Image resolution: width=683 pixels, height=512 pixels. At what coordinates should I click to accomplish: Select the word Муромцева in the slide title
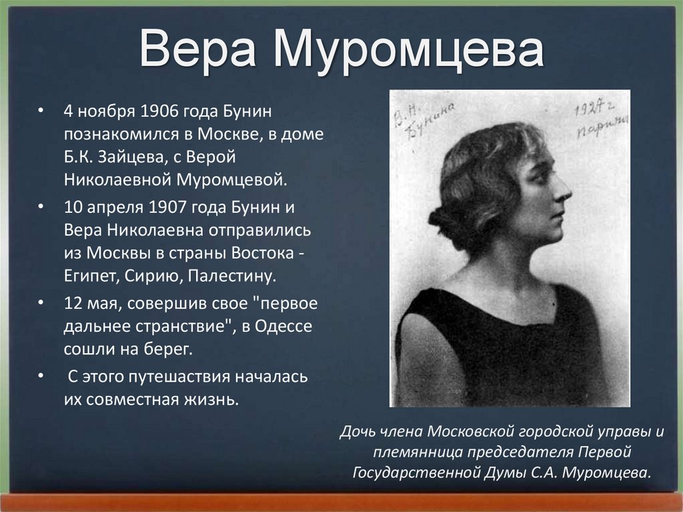pos(409,50)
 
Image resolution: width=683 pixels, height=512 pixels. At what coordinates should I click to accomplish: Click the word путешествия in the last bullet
pos(175,376)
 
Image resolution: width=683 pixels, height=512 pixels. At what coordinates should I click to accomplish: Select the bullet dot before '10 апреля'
pos(41,206)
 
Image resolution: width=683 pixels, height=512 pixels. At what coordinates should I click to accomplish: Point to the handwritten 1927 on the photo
pos(590,107)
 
